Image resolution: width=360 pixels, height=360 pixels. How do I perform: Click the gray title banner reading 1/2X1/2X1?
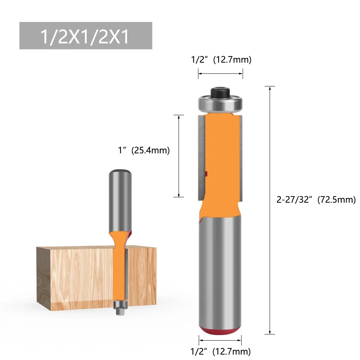click(86, 36)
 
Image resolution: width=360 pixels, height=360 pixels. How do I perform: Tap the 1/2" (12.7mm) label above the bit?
click(221, 60)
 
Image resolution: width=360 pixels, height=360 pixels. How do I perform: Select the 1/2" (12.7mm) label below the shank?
click(220, 351)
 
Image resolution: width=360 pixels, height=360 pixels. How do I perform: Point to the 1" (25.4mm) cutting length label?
click(144, 150)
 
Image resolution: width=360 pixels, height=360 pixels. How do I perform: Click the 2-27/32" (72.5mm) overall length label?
click(316, 200)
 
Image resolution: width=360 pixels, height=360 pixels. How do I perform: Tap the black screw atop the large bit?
click(220, 92)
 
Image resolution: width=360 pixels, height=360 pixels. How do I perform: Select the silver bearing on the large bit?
click(220, 104)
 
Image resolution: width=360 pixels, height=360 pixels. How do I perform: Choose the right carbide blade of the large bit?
click(241, 157)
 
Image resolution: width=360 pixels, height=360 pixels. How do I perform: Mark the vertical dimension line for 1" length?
click(179, 156)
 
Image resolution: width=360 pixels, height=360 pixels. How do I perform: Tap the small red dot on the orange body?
click(207, 175)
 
